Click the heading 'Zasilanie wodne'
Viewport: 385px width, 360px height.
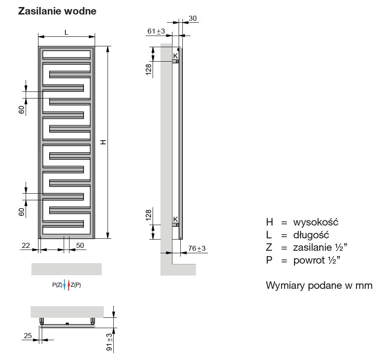coord(57,11)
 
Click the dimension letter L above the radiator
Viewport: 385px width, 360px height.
coord(66,32)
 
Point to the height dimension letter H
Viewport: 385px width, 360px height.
coord(104,142)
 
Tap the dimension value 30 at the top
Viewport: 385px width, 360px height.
coord(193,18)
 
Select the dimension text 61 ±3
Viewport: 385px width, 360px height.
coord(156,31)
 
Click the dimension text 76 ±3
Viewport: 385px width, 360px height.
coord(197,248)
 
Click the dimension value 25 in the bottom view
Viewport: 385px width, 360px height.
coord(27,336)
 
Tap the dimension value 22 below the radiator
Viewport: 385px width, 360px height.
coord(26,245)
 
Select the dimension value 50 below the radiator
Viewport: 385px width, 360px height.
coord(80,245)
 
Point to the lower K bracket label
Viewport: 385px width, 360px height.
coord(175,219)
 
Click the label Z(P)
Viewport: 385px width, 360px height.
coord(76,285)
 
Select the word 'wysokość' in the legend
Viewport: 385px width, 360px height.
coord(316,222)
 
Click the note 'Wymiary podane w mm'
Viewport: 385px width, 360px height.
coord(319,286)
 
